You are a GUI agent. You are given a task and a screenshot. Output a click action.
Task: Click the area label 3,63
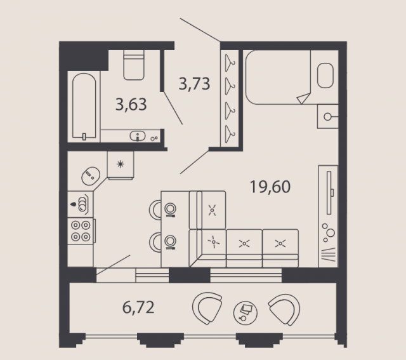tap(131, 105)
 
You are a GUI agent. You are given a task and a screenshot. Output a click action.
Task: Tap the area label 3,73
tap(194, 84)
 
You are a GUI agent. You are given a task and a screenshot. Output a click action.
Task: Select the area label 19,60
tap(270, 187)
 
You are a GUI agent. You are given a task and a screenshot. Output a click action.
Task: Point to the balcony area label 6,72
tap(138, 307)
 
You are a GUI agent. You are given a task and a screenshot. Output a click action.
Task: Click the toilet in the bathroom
tap(134, 65)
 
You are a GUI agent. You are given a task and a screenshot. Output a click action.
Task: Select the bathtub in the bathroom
tap(84, 106)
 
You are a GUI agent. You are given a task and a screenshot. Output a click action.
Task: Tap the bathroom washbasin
tap(138, 135)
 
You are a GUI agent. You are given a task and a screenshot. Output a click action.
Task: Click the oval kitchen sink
tap(91, 176)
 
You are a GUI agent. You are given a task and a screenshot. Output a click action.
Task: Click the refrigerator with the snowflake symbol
tap(121, 165)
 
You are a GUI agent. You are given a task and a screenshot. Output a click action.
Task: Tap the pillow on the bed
tap(325, 76)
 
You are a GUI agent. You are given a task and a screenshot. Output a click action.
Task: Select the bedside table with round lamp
tap(328, 116)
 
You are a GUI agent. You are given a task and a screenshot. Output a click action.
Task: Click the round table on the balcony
tap(246, 313)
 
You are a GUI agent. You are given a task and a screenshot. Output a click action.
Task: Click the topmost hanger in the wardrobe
tap(230, 63)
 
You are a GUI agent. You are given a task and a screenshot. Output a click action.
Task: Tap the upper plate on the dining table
tap(170, 209)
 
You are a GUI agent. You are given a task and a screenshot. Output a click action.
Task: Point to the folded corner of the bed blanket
tap(304, 98)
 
